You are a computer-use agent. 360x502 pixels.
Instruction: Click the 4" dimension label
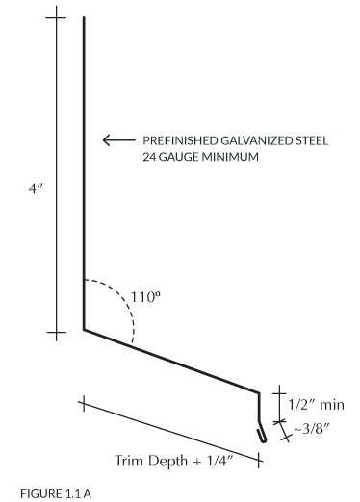[36, 188]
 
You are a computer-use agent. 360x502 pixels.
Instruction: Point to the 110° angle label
[145, 297]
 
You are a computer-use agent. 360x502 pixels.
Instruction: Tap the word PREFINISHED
[180, 140]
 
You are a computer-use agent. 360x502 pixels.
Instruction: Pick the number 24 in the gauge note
[149, 157]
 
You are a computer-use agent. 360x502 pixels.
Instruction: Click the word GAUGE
[178, 157]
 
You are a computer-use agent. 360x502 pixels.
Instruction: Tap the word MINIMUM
[229, 157]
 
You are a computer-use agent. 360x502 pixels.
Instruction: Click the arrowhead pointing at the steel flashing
[107, 140]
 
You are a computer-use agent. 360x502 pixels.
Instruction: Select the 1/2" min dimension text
[317, 405]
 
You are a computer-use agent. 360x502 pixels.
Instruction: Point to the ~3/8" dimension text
[311, 428]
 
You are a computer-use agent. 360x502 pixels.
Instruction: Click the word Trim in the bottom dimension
[125, 461]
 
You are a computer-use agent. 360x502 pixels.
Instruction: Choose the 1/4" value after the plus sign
[219, 461]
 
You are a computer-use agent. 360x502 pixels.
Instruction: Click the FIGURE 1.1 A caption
[56, 493]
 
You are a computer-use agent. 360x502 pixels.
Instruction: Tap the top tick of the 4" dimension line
[56, 17]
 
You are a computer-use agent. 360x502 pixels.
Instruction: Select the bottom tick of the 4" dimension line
[56, 333]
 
